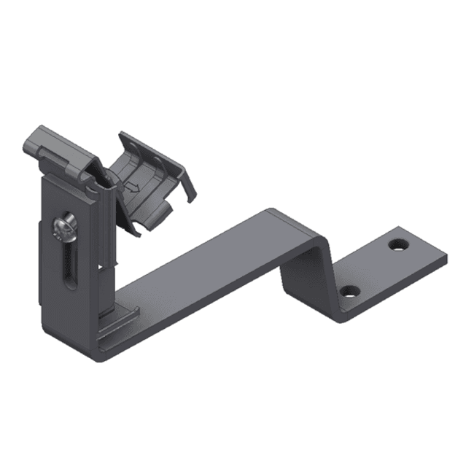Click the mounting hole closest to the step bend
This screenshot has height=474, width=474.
coord(350,292)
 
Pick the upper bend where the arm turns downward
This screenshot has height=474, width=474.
coord(292,219)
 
